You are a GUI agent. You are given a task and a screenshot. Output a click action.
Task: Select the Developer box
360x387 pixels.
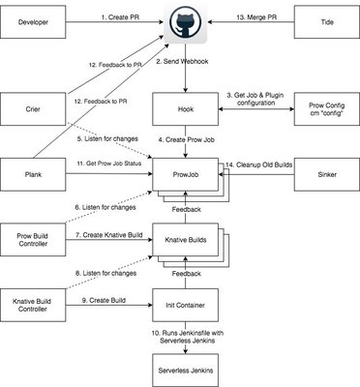(x=34, y=21)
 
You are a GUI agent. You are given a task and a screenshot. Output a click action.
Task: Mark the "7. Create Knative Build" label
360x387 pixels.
(x=106, y=235)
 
